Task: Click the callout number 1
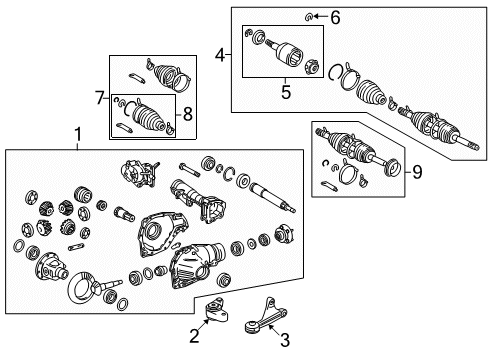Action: coord(78,135)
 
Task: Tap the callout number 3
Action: coord(284,340)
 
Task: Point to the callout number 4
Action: coord(220,55)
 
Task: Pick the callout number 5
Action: coord(286,92)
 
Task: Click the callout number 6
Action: coord(335,17)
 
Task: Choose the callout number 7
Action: coord(100,98)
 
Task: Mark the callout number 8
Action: coord(188,114)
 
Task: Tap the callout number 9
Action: coord(417,172)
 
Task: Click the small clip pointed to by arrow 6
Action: coord(308,17)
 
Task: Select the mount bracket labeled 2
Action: coord(217,310)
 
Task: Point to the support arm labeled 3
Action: coord(265,316)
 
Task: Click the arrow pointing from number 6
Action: coord(320,16)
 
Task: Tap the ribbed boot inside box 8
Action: coord(148,118)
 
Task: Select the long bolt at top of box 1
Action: coord(189,170)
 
